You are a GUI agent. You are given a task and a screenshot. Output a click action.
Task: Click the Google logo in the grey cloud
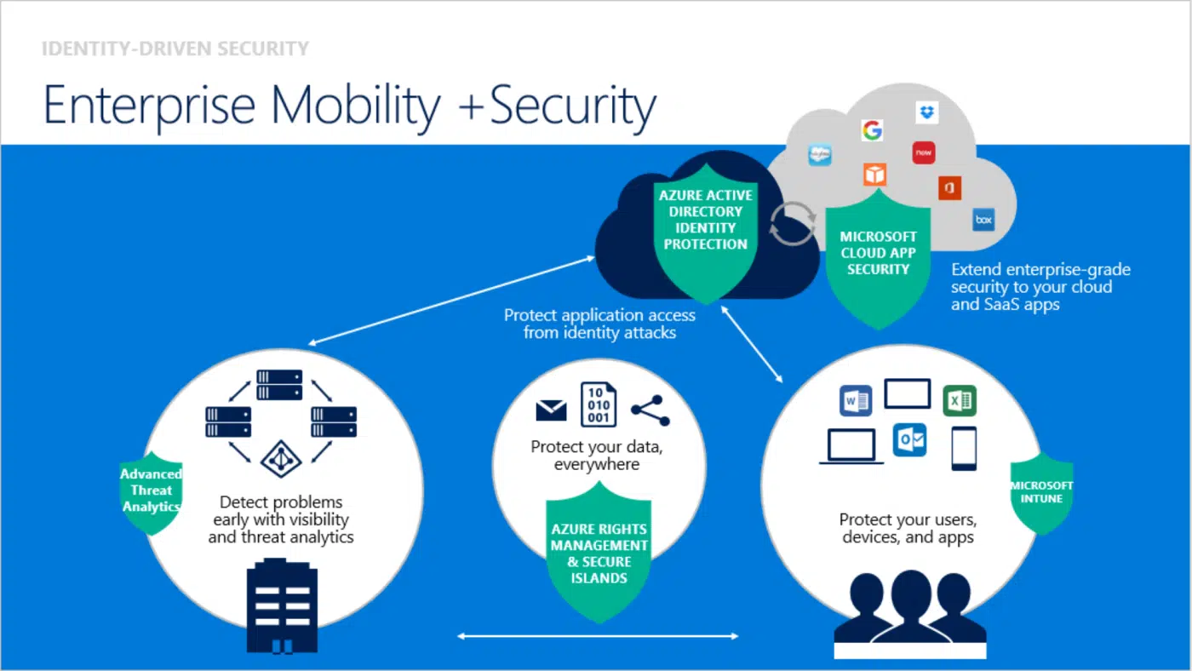click(x=871, y=130)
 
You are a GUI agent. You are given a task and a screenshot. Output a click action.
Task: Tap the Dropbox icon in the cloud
click(x=927, y=112)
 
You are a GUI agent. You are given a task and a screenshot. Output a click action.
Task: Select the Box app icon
click(x=983, y=220)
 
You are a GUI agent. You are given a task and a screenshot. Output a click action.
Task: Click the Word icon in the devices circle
click(x=855, y=399)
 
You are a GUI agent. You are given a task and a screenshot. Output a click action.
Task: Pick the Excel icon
click(x=959, y=399)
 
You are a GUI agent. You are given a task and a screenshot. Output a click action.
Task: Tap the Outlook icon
click(x=908, y=440)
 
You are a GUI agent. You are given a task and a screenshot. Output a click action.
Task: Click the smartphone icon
click(x=964, y=448)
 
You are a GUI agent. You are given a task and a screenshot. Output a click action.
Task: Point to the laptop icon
click(x=851, y=446)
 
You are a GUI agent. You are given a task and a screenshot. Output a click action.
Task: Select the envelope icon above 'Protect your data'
click(x=552, y=410)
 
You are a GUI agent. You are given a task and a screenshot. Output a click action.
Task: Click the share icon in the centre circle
click(x=650, y=410)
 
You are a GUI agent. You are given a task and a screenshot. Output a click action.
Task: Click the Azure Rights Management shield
click(x=599, y=553)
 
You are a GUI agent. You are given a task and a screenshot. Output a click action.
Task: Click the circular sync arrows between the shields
click(x=792, y=223)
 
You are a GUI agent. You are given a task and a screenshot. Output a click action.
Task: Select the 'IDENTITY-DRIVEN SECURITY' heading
click(x=175, y=49)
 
